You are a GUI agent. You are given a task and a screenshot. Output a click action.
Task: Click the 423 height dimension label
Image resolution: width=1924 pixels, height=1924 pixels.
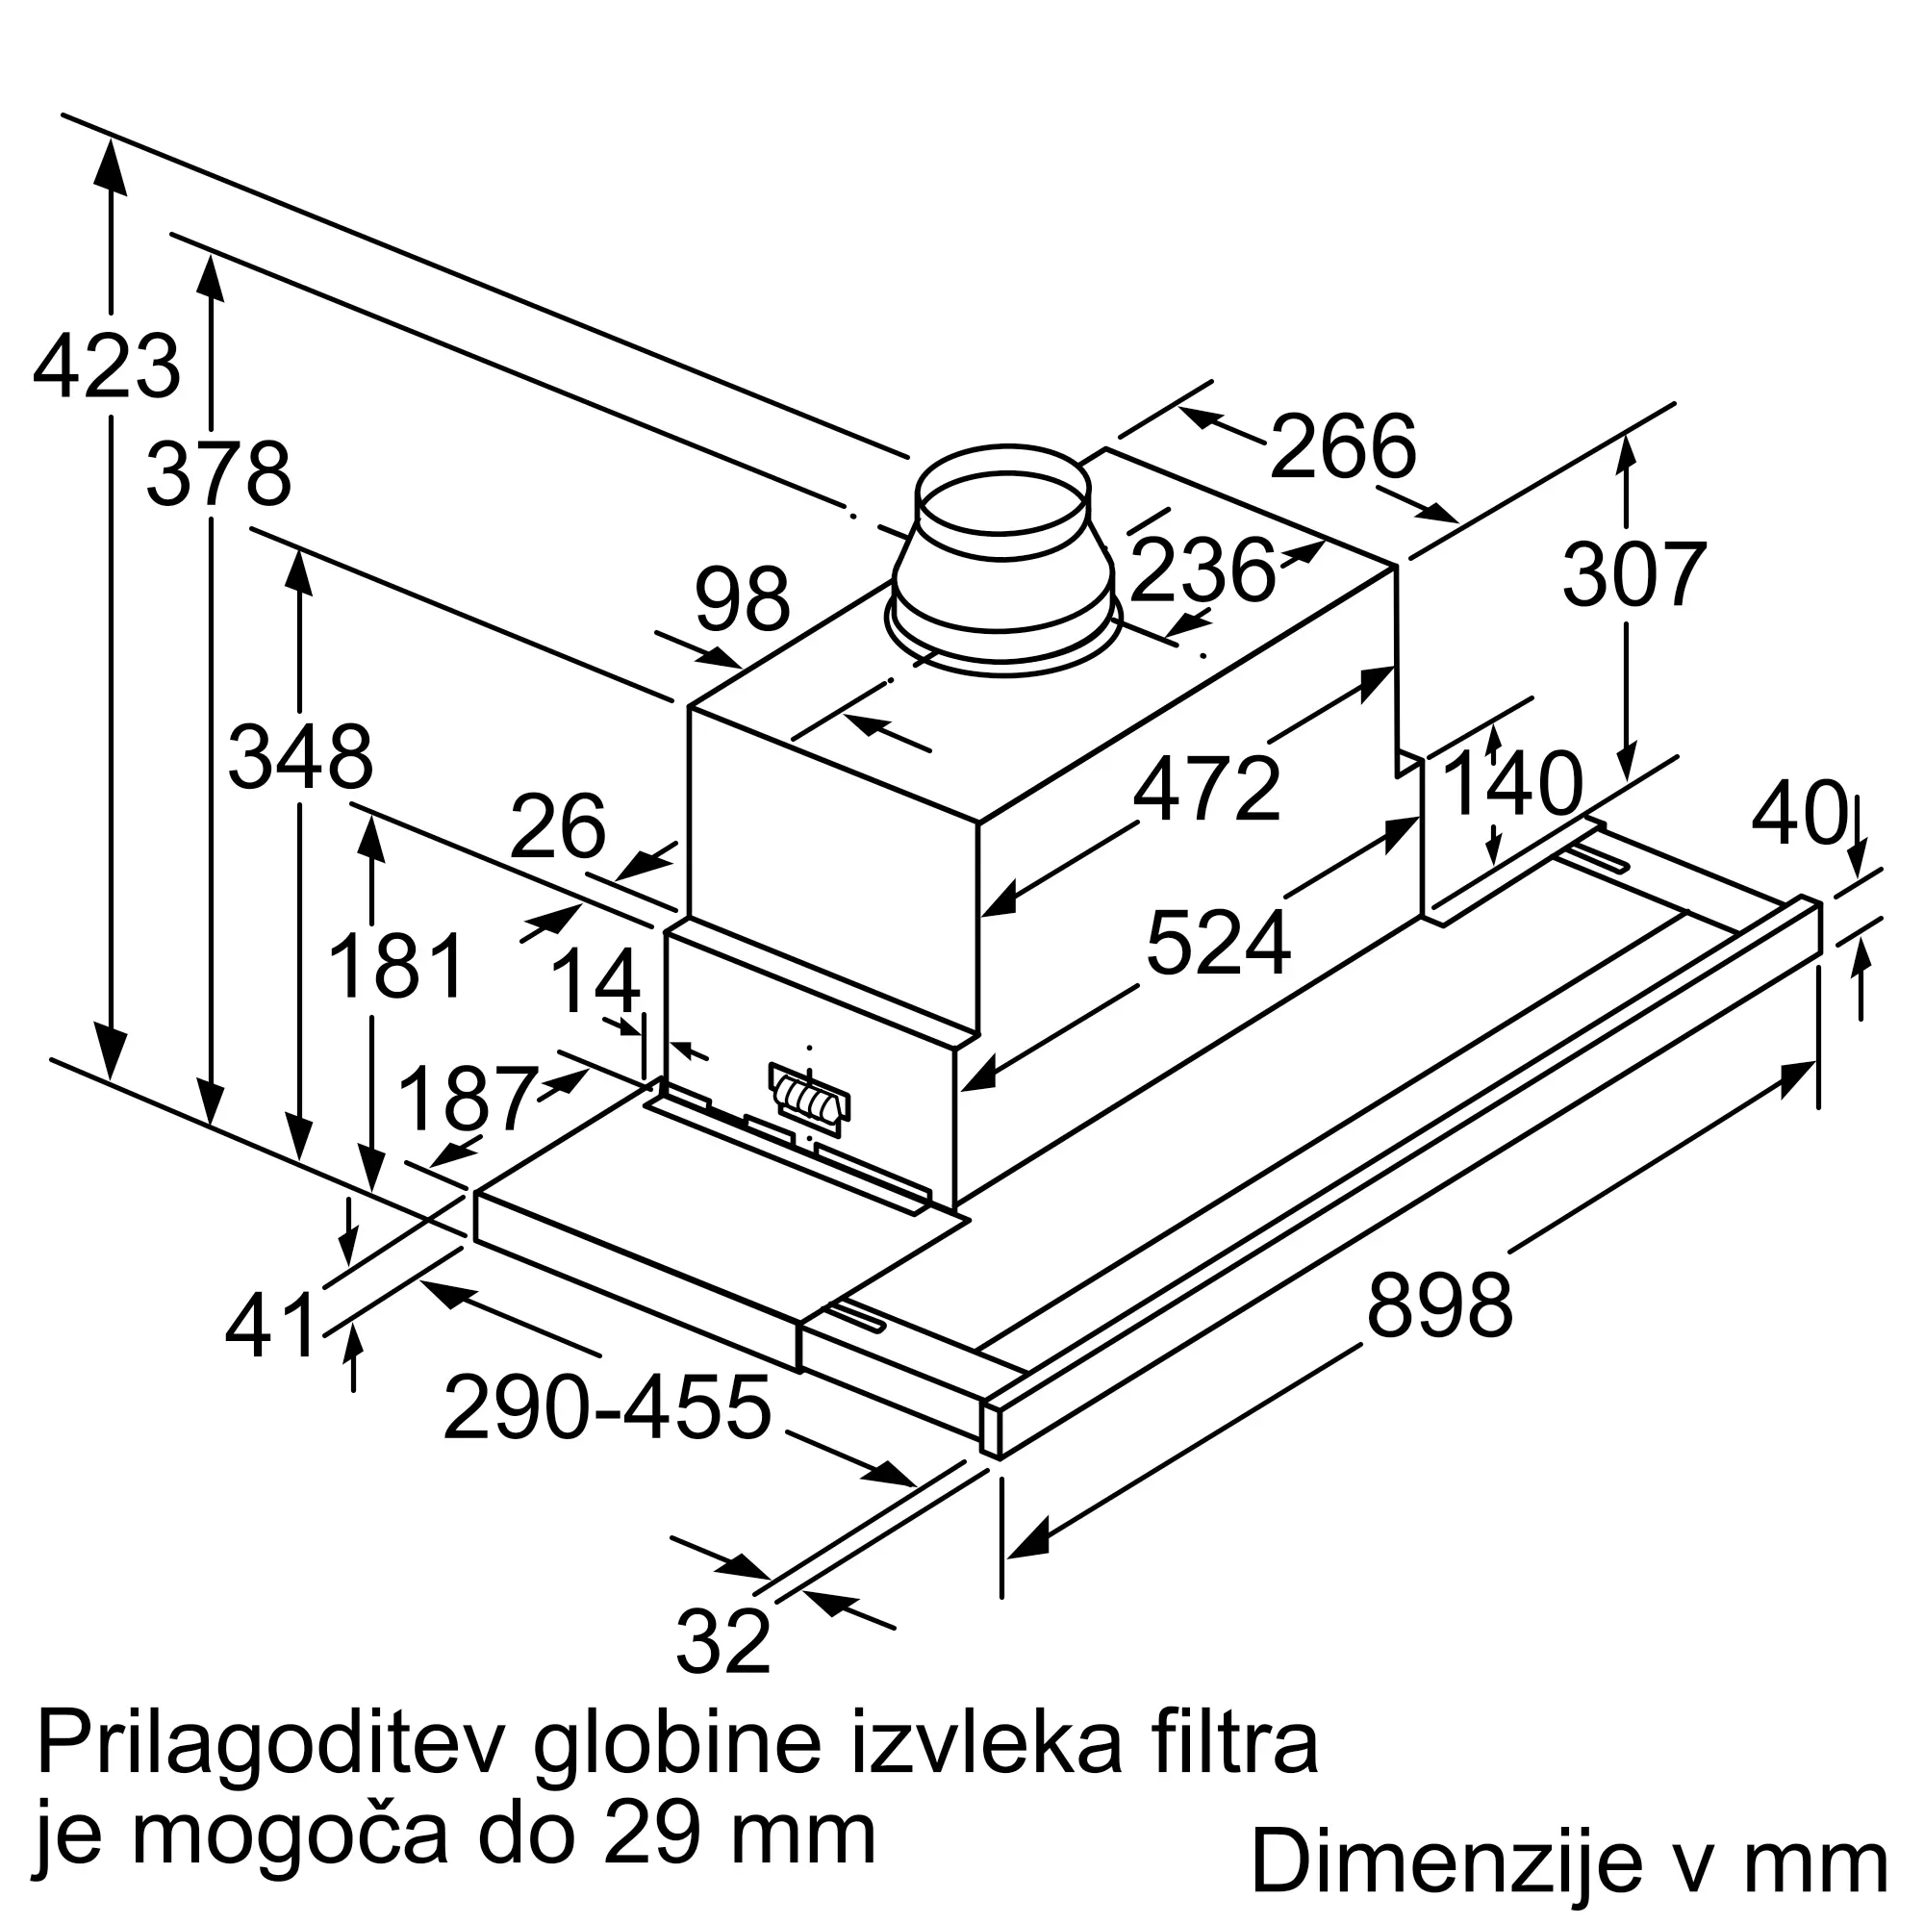107,367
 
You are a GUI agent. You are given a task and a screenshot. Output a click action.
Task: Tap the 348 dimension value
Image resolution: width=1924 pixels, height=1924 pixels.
301,758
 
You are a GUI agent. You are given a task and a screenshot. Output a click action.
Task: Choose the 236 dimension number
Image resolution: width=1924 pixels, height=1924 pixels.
1203,570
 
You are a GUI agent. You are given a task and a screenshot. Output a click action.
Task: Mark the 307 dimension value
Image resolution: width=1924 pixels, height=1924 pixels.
1634,574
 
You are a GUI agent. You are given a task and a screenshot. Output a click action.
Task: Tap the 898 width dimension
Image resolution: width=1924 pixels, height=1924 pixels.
1440,1306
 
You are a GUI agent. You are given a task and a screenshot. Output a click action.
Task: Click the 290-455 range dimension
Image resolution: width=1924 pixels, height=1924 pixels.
606,1408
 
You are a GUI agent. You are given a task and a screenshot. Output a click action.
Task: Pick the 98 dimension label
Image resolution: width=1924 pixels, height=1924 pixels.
743,599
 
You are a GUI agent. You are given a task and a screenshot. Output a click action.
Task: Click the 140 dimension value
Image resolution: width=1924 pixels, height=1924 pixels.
1511,784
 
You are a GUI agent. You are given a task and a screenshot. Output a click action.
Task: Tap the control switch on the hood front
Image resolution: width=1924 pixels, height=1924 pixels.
811,1100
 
